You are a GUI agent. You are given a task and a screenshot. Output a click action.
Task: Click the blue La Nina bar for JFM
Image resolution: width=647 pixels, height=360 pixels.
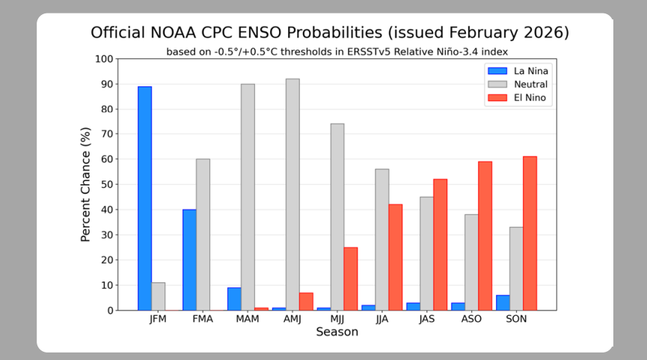pyautogui.click(x=144, y=198)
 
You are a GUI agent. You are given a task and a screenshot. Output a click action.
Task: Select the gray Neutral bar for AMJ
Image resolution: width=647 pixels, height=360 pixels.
pyautogui.click(x=292, y=195)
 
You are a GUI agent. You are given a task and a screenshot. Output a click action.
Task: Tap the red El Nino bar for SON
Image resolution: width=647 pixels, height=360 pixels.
pyautogui.click(x=530, y=234)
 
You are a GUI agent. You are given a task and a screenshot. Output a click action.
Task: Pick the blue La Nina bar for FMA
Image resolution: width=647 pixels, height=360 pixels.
pyautogui.click(x=189, y=260)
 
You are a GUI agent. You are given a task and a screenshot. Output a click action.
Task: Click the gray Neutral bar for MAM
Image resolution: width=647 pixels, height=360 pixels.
pyautogui.click(x=248, y=197)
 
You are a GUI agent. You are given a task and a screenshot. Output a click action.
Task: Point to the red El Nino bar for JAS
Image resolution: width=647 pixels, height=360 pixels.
pyautogui.click(x=440, y=245)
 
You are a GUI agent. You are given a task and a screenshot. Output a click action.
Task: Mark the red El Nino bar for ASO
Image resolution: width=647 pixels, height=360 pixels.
pyautogui.click(x=485, y=236)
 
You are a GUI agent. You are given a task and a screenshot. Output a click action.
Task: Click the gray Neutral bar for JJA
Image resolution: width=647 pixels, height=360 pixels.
pyautogui.click(x=381, y=240)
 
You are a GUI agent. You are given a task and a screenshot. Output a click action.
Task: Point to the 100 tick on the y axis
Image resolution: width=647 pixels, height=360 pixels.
pyautogui.click(x=104, y=59)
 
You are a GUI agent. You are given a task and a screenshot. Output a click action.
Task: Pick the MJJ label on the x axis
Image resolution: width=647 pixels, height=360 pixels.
pyautogui.click(x=337, y=319)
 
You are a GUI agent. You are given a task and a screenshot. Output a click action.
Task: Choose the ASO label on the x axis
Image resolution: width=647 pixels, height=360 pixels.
pyautogui.click(x=471, y=319)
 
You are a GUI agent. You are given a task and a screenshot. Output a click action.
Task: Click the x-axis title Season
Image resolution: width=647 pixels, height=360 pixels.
pyautogui.click(x=337, y=332)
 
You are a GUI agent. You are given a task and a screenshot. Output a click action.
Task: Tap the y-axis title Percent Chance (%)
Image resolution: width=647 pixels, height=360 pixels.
pyautogui.click(x=87, y=185)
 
